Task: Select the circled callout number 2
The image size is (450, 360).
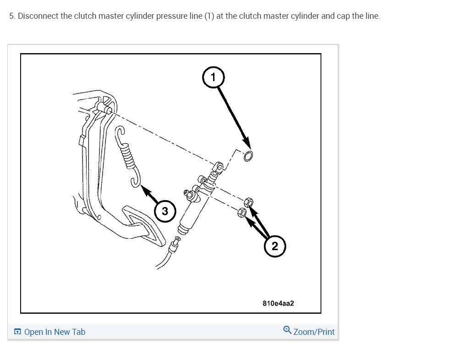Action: [274, 246]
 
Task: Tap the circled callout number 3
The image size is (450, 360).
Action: [165, 211]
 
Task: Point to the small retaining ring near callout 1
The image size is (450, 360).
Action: [248, 156]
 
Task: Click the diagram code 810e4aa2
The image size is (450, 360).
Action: [278, 303]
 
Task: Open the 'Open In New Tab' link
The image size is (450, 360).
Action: [55, 332]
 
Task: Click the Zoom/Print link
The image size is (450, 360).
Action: [314, 332]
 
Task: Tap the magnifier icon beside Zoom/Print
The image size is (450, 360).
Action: [287, 330]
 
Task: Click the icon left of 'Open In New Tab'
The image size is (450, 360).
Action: [17, 332]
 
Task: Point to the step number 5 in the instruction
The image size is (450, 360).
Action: [12, 16]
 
